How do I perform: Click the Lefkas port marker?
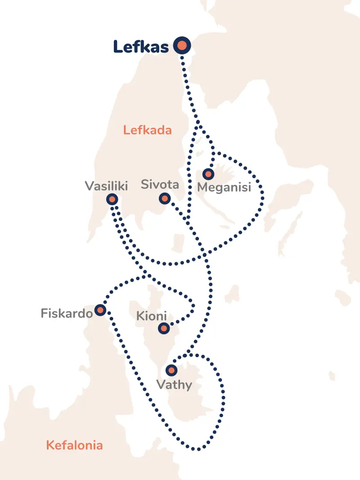(182, 45)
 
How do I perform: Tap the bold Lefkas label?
(140, 46)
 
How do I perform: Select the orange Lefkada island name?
(148, 130)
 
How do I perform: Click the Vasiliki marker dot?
(112, 199)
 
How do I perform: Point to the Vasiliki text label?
(106, 186)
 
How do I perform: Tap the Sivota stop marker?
(165, 198)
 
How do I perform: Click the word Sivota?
(160, 184)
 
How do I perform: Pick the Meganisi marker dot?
(208, 174)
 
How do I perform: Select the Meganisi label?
(224, 187)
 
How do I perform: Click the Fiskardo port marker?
(100, 310)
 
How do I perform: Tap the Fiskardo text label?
(67, 313)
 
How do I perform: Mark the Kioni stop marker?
(164, 328)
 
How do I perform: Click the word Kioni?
(151, 316)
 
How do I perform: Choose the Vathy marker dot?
(171, 371)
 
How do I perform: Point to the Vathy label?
(174, 385)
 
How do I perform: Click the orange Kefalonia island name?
(74, 445)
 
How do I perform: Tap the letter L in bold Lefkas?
(117, 46)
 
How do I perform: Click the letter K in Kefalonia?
(50, 445)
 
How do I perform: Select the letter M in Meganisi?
(202, 187)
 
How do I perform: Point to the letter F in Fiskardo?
(44, 313)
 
